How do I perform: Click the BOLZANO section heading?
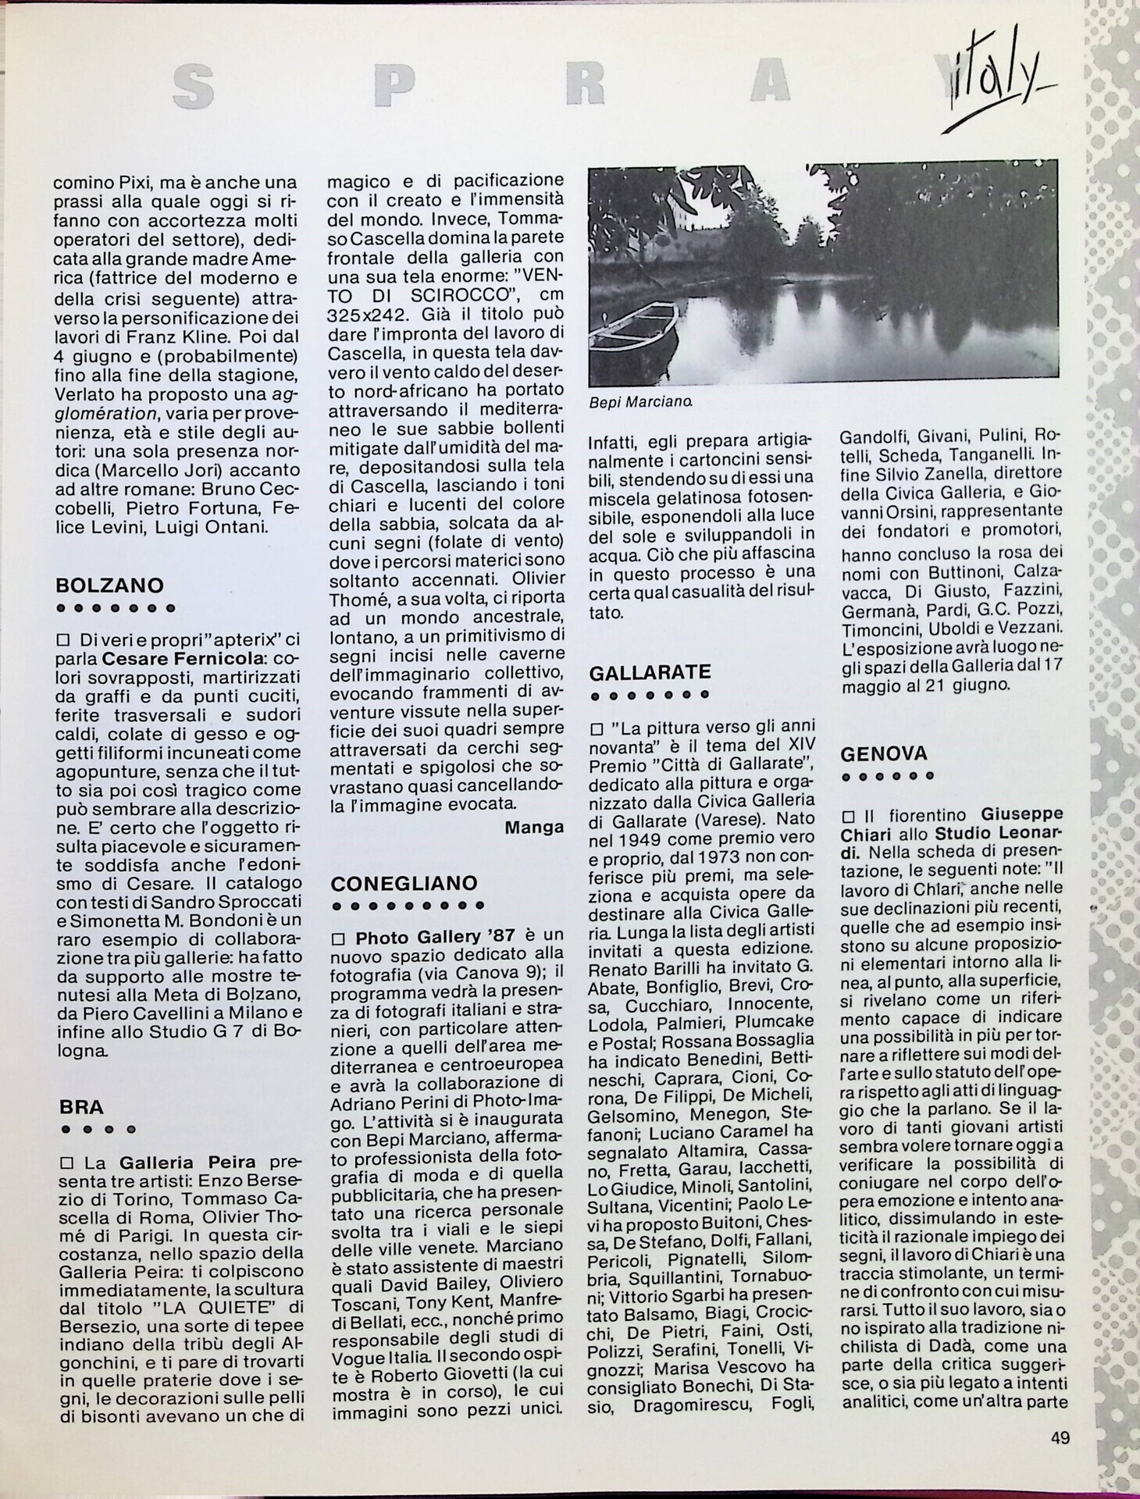pos(109,586)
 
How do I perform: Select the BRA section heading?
pos(81,1106)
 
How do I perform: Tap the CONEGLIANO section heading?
pos(404,884)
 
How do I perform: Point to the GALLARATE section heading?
pos(650,673)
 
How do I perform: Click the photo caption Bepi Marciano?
pos(640,403)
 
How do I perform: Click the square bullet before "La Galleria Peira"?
pos(64,1161)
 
